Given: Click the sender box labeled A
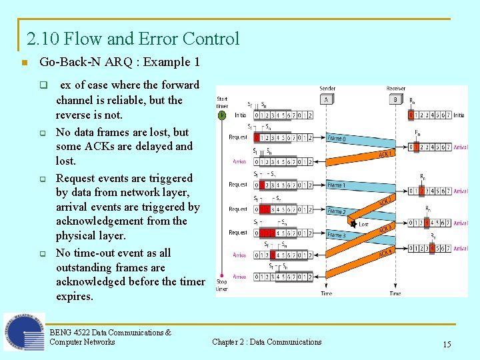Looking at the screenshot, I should tap(327, 99).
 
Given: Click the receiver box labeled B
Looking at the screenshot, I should tap(395, 99).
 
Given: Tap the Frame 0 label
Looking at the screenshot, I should tap(337, 139).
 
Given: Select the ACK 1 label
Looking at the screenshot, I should tap(385, 153).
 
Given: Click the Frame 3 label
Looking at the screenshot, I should tap(337, 235).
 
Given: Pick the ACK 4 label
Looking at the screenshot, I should tap(385, 253).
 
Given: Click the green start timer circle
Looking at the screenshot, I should tap(221, 115).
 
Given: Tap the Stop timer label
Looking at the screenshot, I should tap(221, 285).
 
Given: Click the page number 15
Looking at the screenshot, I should tap(447, 344).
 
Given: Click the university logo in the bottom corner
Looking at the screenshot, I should tap(23, 331).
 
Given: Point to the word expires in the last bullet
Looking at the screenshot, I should tap(75, 296).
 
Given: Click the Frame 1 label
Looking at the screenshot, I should tap(337, 185).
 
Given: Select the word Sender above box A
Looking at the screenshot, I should tap(327, 89).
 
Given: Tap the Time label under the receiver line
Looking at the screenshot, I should tap(395, 293).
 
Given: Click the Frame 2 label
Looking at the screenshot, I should tap(337, 211).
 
